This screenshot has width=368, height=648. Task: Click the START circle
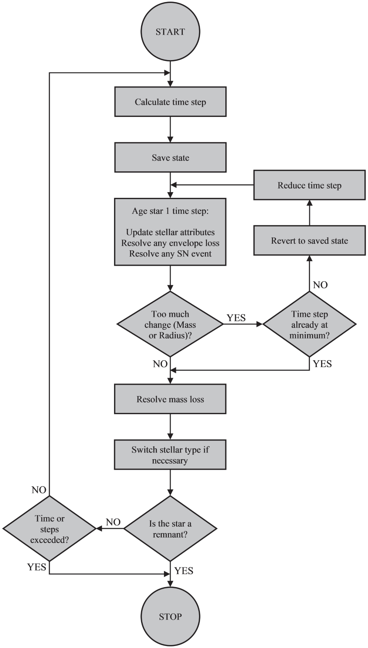[170, 32]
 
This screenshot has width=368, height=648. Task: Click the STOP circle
[170, 617]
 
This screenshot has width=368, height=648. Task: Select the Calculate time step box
[170, 102]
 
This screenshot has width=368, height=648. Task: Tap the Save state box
[170, 157]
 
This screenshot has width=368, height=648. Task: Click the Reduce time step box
[309, 185]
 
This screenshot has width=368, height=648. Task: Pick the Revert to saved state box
[309, 240]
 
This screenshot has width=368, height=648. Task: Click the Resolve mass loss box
[170, 399]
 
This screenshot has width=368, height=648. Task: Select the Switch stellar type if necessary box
[170, 455]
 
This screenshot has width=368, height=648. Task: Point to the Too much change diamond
[170, 325]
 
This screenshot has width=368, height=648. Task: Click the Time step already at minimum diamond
[309, 325]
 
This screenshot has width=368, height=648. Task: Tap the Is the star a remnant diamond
[170, 529]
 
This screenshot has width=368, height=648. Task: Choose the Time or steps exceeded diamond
[49, 529]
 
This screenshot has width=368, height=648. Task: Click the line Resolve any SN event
[170, 253]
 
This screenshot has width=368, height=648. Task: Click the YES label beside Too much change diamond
[236, 318]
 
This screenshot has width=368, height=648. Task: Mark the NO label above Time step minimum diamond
[320, 285]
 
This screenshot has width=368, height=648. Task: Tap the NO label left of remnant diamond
[113, 522]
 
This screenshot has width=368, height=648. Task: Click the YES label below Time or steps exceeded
[36, 567]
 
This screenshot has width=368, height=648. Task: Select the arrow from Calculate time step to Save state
[170, 129]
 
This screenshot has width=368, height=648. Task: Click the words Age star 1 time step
[170, 211]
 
